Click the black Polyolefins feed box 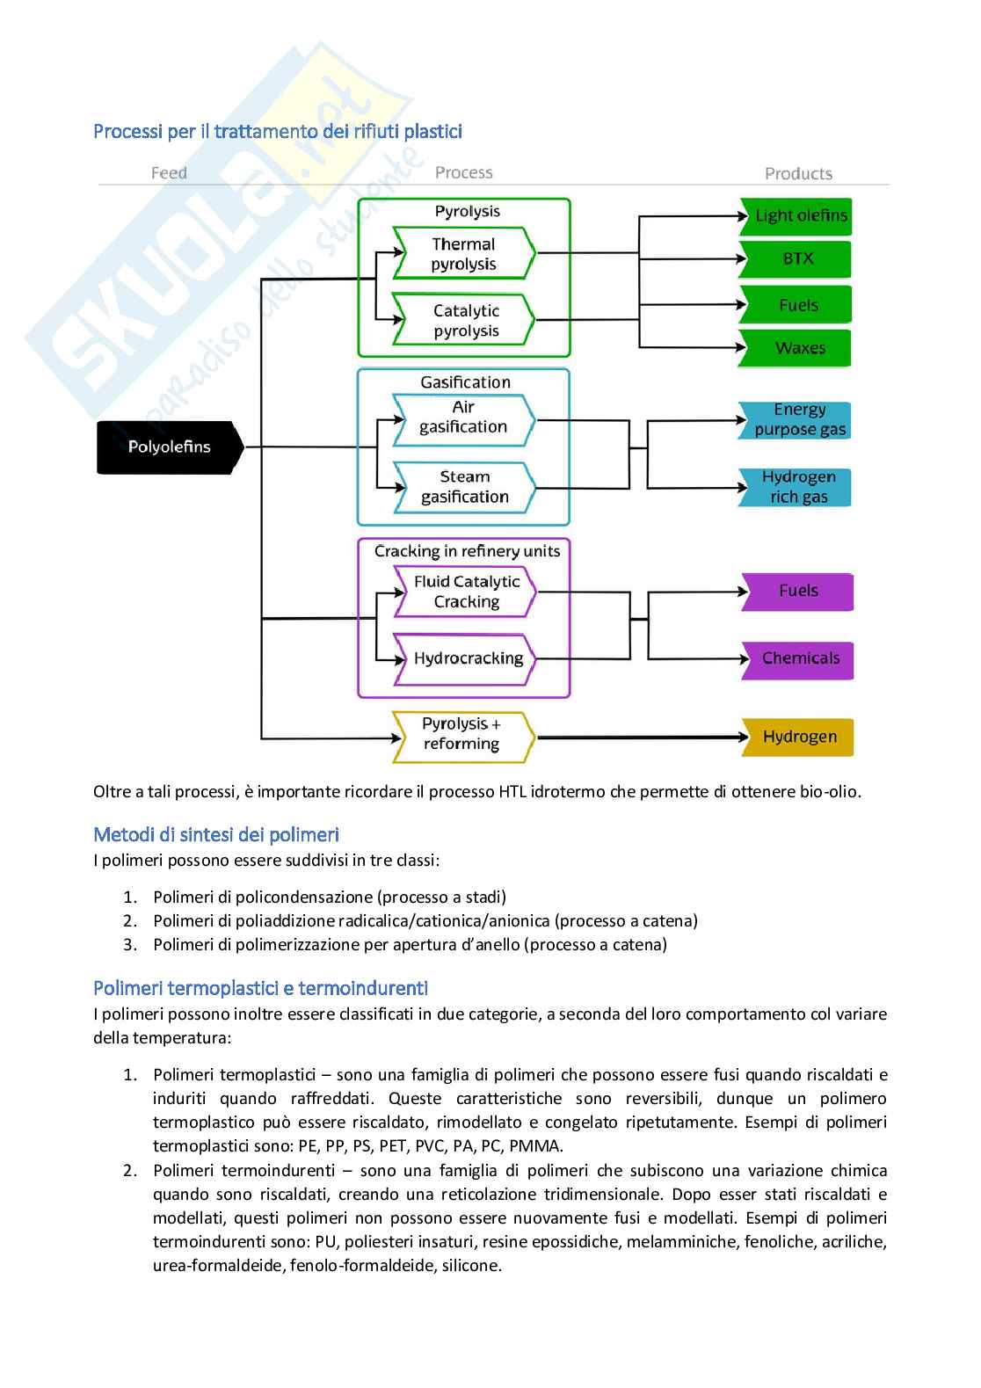(x=169, y=447)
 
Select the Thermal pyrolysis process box (x=463, y=254)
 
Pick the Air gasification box (x=463, y=418)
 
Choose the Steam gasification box (x=464, y=487)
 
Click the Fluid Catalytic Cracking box (x=466, y=592)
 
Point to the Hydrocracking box (x=467, y=658)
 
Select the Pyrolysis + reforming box (x=462, y=734)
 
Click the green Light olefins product (x=799, y=215)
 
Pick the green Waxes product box (x=798, y=348)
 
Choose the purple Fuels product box (x=798, y=591)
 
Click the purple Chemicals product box (x=799, y=658)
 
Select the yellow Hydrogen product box (x=799, y=737)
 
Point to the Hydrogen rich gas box (x=798, y=487)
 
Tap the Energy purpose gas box (x=798, y=419)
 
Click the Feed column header (x=169, y=173)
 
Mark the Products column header (x=798, y=174)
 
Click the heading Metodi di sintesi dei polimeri (x=216, y=834)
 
